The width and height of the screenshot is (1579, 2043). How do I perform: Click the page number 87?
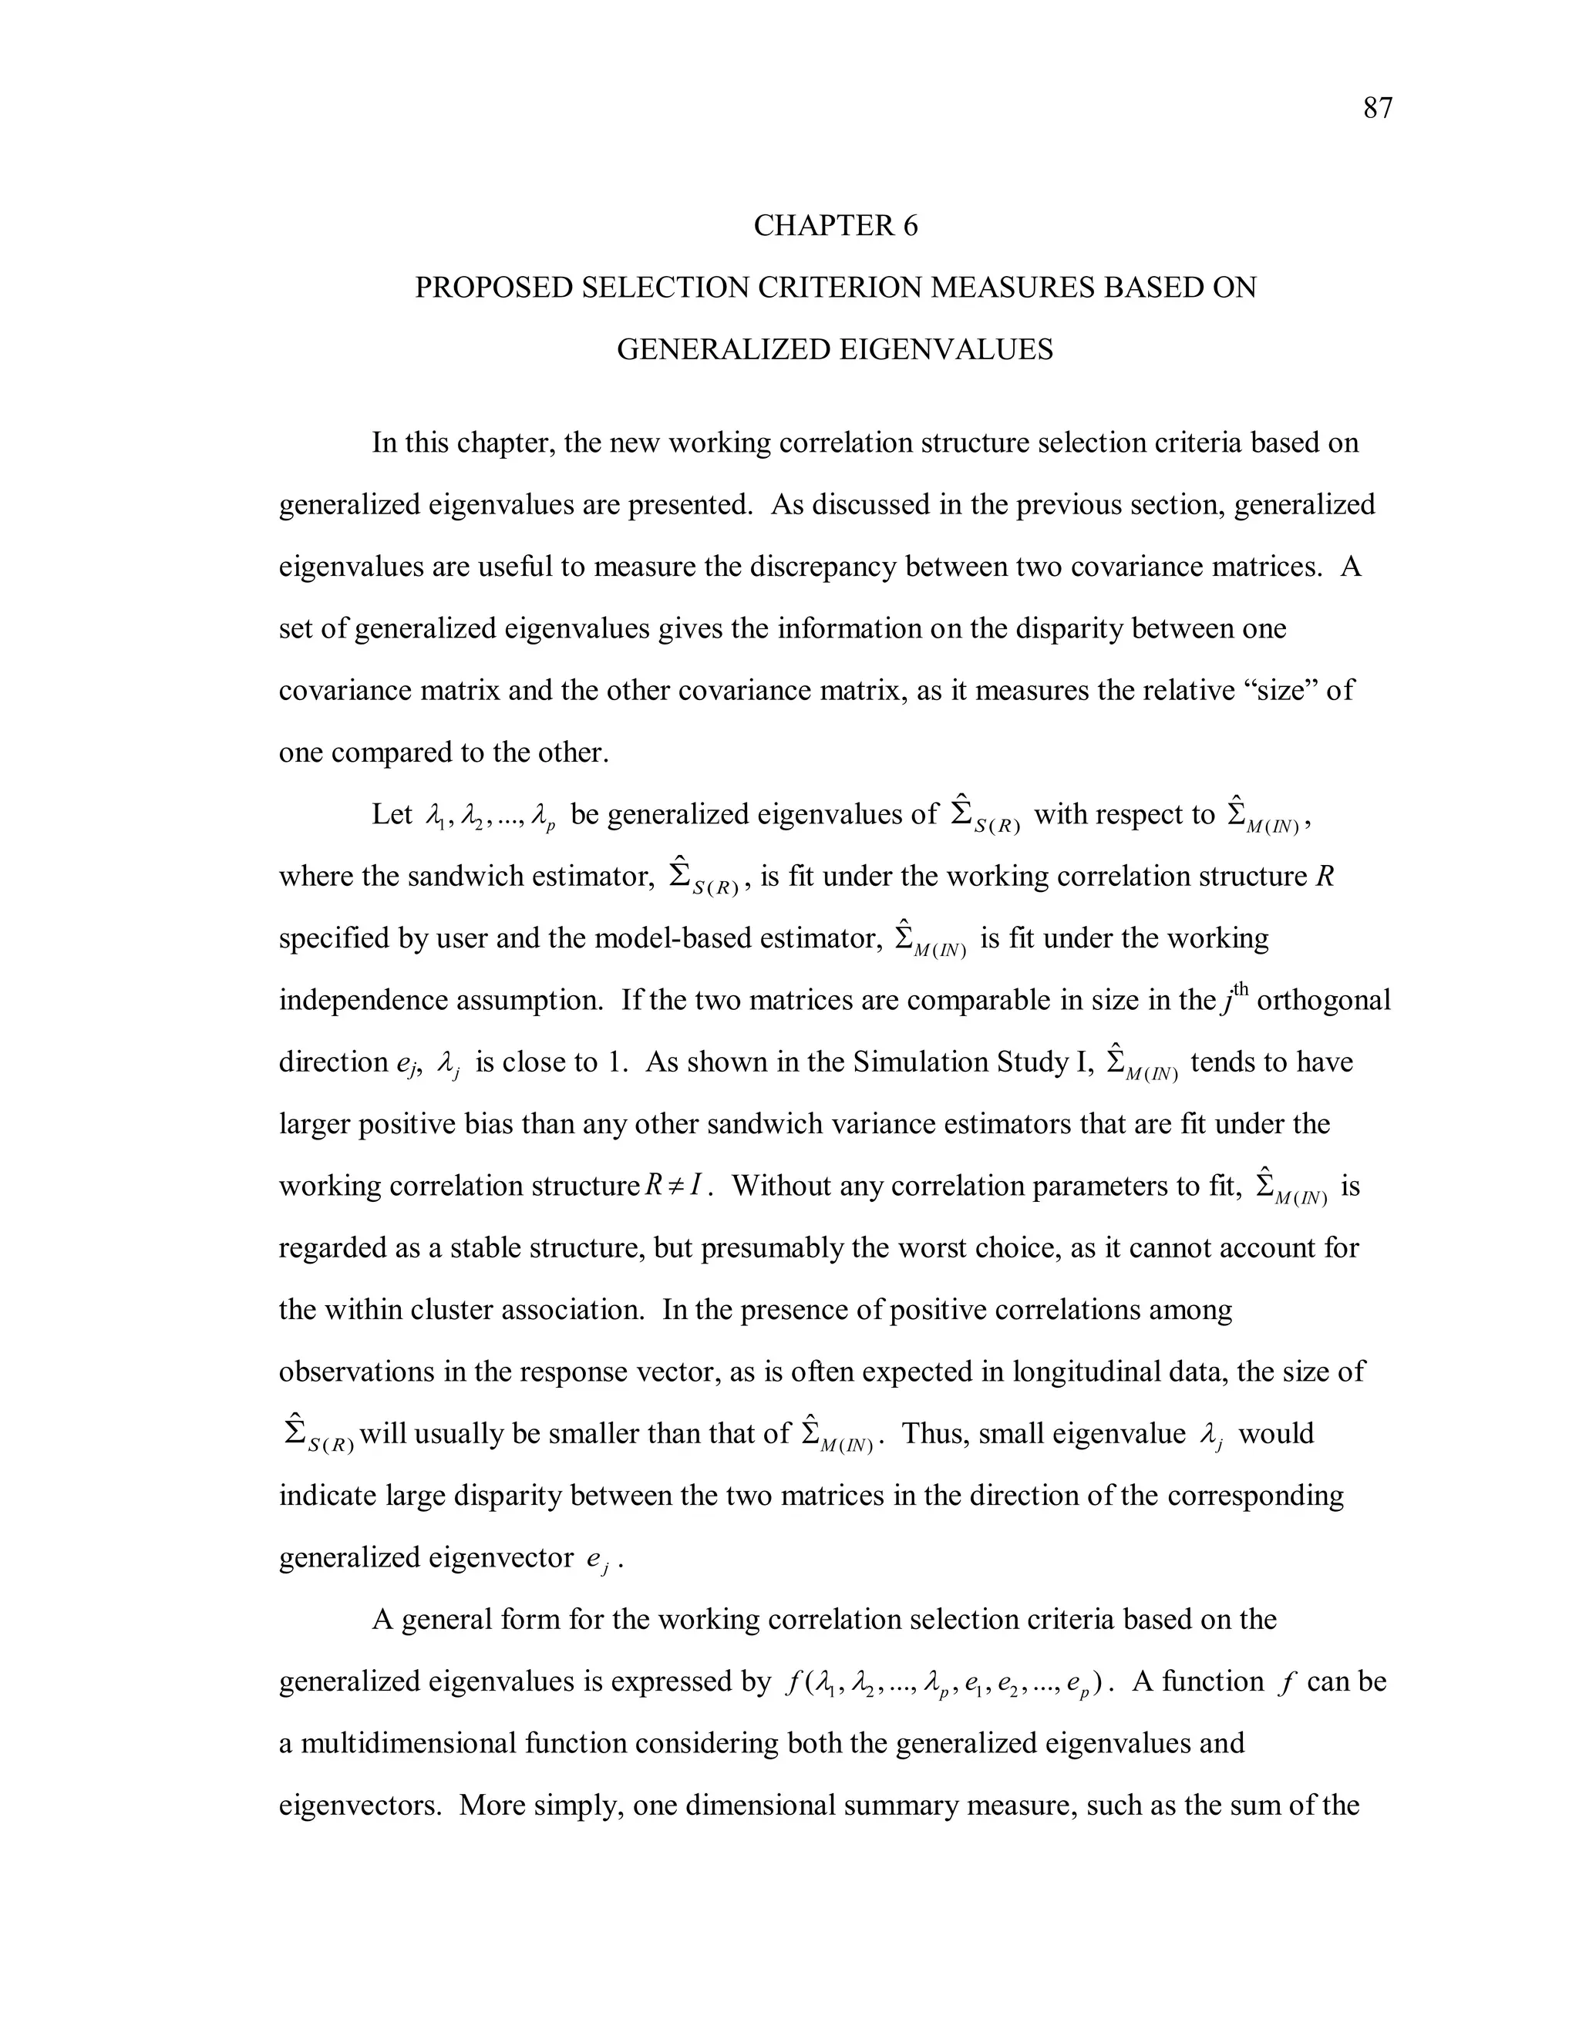[1377, 109]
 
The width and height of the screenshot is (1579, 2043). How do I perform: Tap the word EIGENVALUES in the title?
[946, 349]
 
